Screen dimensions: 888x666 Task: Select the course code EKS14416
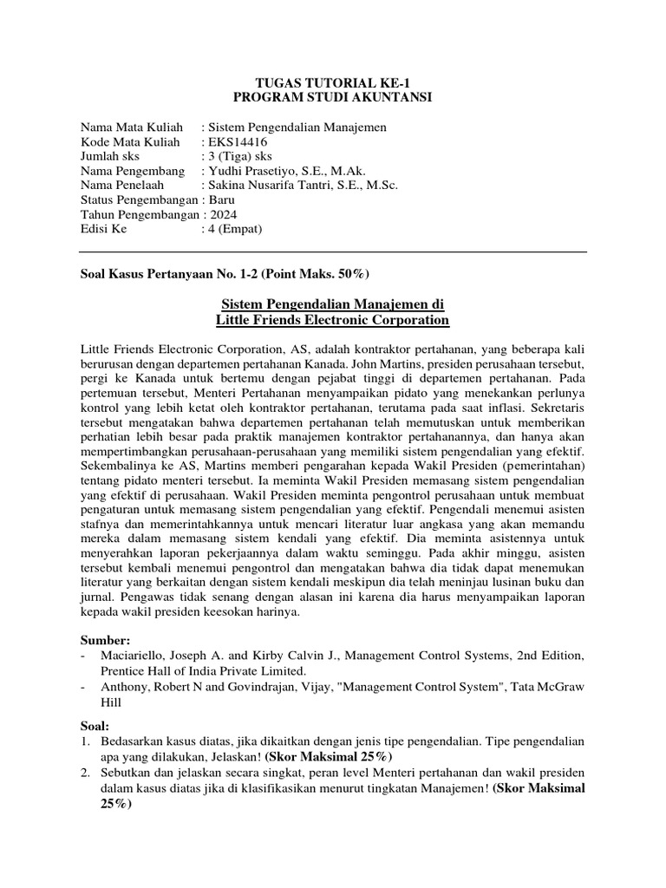pyautogui.click(x=234, y=143)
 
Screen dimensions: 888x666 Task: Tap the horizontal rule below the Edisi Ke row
pyautogui.click(x=333, y=252)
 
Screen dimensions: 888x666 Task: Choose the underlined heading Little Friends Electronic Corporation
pyautogui.click(x=333, y=321)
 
